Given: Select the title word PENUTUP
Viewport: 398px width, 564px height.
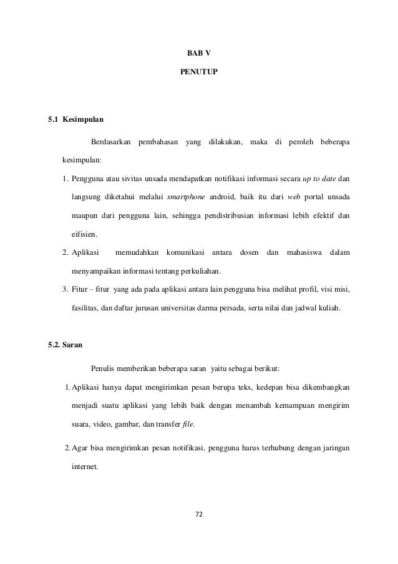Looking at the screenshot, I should tap(199, 73).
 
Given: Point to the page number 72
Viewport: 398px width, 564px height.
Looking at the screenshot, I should tap(199, 517).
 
